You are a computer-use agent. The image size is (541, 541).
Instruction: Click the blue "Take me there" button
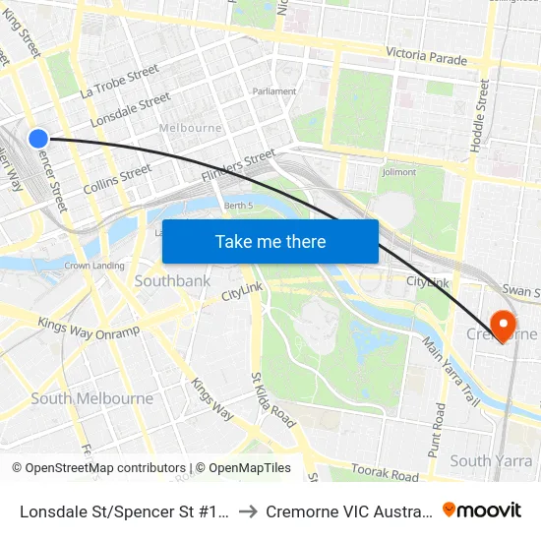[x=270, y=241]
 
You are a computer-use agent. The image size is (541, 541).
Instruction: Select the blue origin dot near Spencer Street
[x=38, y=139]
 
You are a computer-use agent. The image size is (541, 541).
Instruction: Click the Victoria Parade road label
[x=426, y=58]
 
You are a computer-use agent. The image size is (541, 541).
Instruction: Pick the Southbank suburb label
[x=172, y=281]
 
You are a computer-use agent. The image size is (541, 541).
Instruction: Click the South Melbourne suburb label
[x=91, y=398]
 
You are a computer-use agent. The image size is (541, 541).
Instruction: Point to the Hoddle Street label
[x=480, y=114]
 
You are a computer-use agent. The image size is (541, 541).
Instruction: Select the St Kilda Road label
[x=272, y=398]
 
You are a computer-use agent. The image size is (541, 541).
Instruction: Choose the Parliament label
[x=274, y=91]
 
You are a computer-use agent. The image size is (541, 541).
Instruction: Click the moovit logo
[x=482, y=510]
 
